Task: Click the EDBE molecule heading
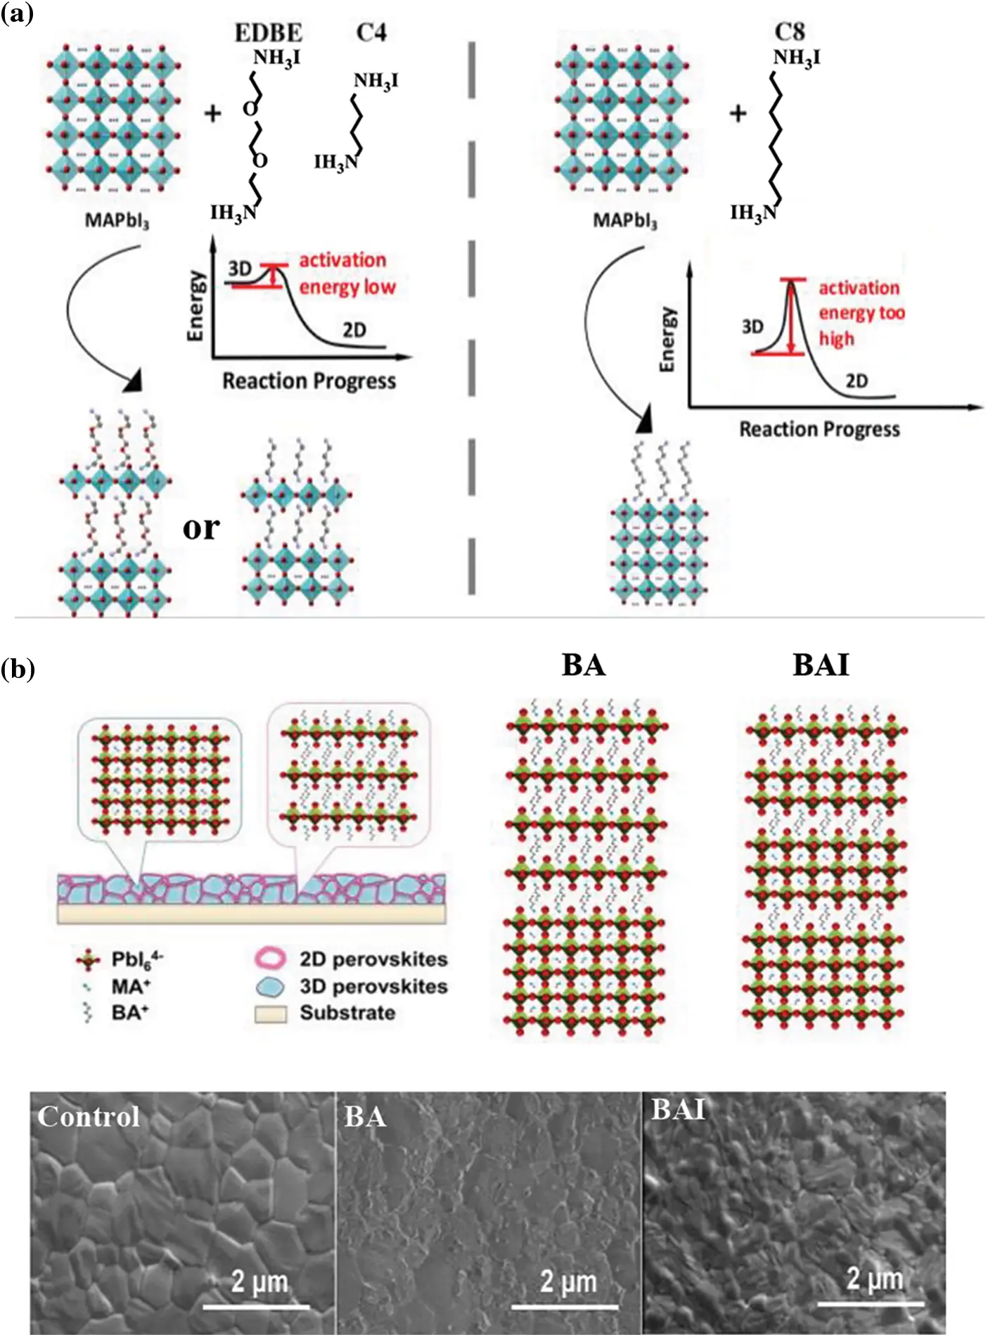pos(268,32)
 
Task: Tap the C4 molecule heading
pos(371,32)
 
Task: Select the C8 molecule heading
pos(789,32)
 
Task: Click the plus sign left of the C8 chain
pos(738,113)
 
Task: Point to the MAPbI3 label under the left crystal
pos(117,221)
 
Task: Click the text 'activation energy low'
pos(347,274)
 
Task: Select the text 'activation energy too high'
pos(861,313)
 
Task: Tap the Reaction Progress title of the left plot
pos(309,381)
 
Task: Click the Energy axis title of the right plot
pos(667,340)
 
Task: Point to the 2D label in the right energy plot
pos(857,381)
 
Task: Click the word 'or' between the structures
pos(200,527)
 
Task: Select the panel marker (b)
pos(18,669)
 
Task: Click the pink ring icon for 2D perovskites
pos(269,959)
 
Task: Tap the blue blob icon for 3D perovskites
pos(270,986)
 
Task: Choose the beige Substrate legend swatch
pos(270,1013)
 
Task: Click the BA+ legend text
pos(130,1013)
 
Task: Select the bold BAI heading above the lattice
pos(821,665)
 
